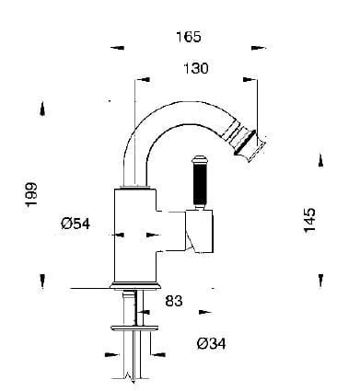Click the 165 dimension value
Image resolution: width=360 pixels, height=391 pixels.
click(x=189, y=37)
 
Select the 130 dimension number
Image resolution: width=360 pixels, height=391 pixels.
click(x=196, y=68)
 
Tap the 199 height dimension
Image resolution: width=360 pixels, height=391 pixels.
click(x=31, y=195)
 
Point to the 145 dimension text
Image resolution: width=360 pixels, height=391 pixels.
click(x=309, y=221)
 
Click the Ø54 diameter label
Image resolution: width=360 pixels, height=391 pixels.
click(x=75, y=224)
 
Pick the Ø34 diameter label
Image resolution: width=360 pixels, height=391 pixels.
click(x=211, y=343)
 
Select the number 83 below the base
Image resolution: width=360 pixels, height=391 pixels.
click(x=174, y=301)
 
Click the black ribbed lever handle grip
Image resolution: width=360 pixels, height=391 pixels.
click(x=198, y=184)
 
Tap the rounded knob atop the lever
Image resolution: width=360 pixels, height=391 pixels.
click(x=199, y=160)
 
